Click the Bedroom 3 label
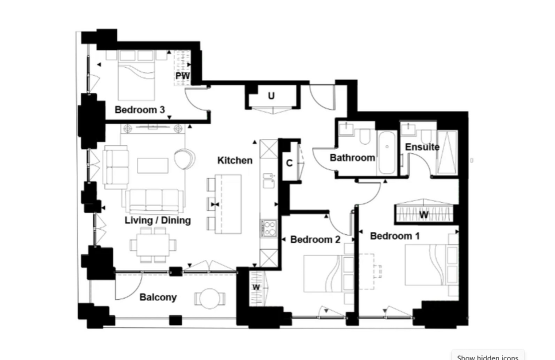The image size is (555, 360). [x=140, y=109]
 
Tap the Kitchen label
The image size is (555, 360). [x=235, y=160]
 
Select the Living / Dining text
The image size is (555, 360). [x=158, y=220]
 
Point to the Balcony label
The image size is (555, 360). [x=158, y=297]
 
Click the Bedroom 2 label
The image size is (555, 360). [x=315, y=239]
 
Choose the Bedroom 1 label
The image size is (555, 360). [x=395, y=236]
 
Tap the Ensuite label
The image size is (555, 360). [x=422, y=147]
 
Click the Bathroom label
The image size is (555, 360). [x=352, y=157]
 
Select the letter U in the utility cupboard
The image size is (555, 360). [x=271, y=96]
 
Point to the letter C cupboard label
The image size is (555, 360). [x=289, y=163]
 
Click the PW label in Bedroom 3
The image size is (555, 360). [x=182, y=76]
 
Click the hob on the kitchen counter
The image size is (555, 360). [x=268, y=228]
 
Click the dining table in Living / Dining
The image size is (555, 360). [x=153, y=244]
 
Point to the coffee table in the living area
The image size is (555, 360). [x=152, y=165]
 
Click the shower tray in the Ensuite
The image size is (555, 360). [x=447, y=153]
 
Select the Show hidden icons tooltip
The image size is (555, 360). [x=487, y=355]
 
